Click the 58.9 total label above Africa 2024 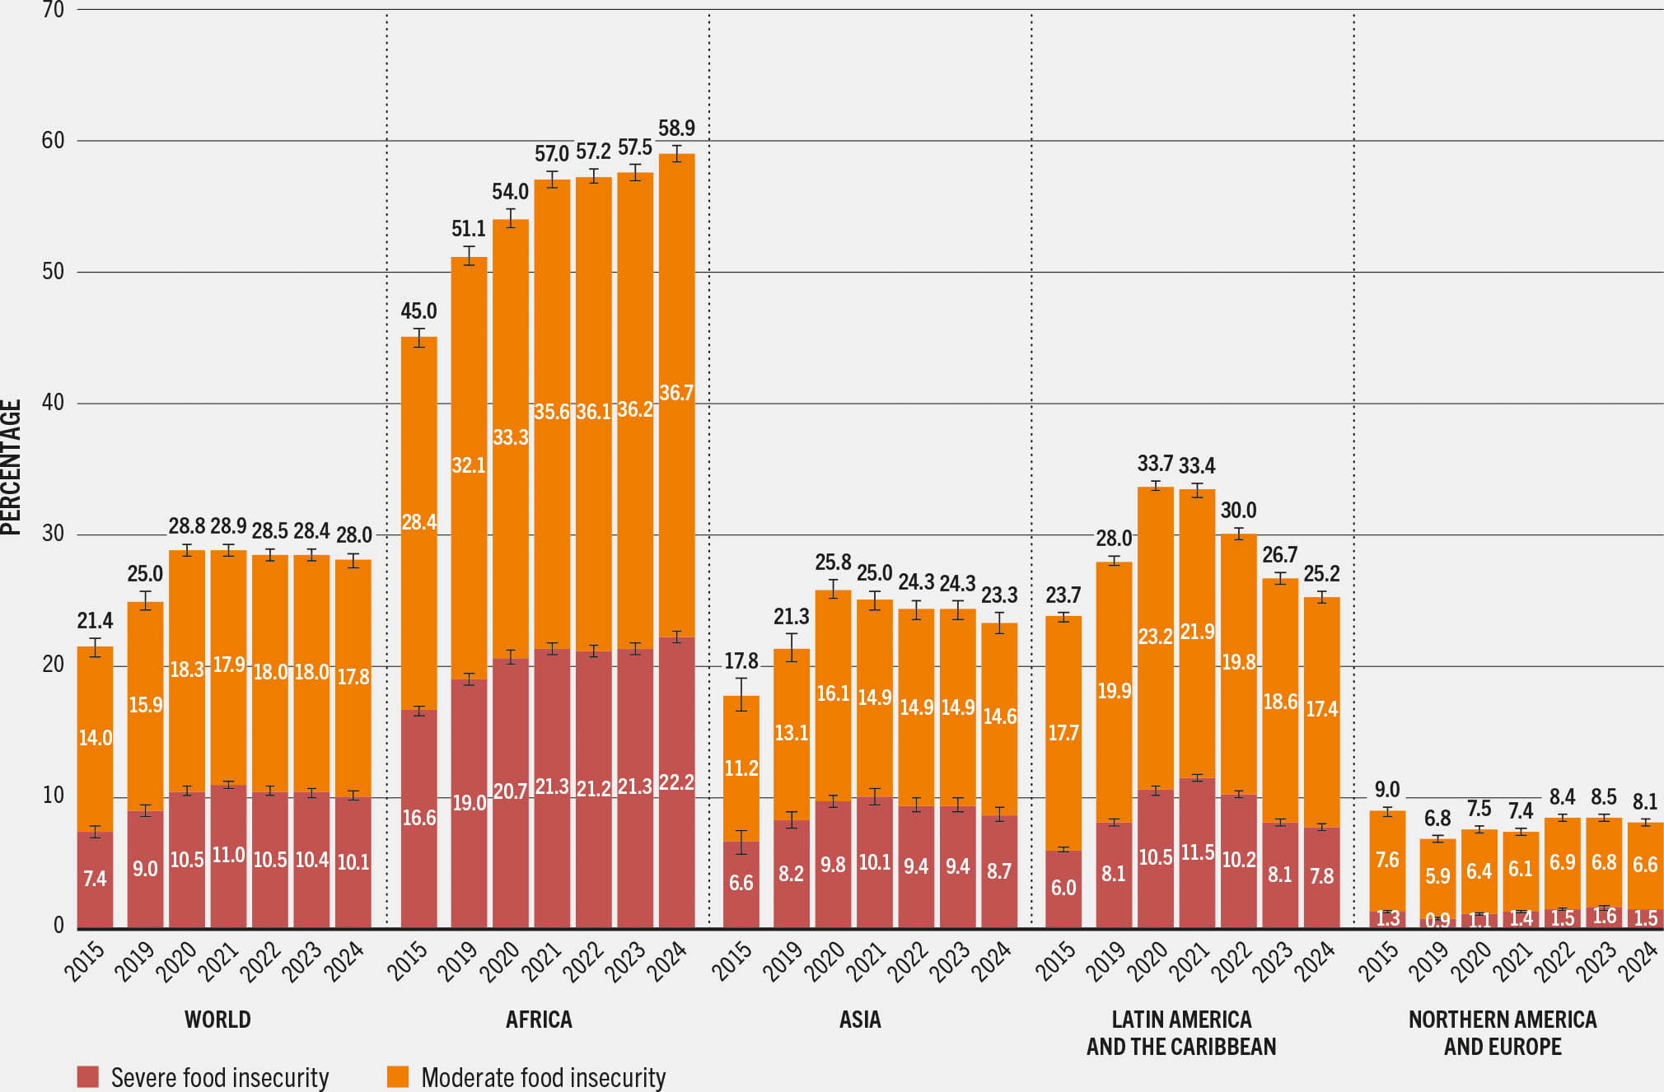coord(676,128)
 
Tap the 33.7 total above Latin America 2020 coord(1155,464)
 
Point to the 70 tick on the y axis coord(53,10)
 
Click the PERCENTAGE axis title coord(11,467)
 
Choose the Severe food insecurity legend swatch coord(87,1076)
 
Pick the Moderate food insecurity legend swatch coord(398,1076)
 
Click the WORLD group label coord(217,1020)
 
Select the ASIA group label coord(860,1020)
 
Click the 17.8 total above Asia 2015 coord(741,661)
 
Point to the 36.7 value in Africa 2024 coord(676,393)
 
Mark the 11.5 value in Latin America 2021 coord(1197,852)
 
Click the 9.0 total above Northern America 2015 coord(1387,790)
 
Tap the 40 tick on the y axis coord(53,403)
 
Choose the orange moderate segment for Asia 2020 coord(833,694)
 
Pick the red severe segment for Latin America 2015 coord(1063,888)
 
